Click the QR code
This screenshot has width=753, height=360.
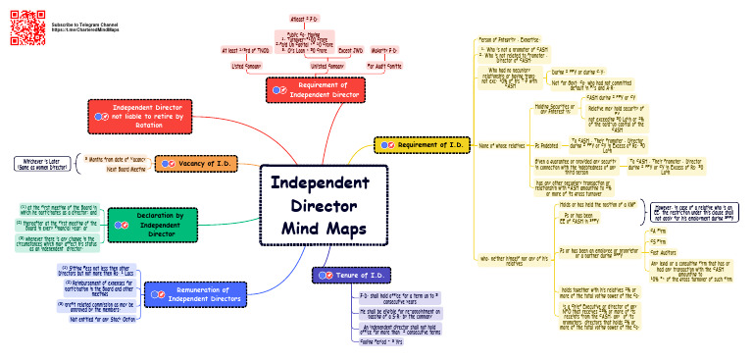(x=22, y=22)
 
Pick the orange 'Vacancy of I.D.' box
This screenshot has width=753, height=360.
(x=196, y=163)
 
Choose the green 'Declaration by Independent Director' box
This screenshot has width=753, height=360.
(x=159, y=224)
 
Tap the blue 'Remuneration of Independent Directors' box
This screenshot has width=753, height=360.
(x=198, y=294)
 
